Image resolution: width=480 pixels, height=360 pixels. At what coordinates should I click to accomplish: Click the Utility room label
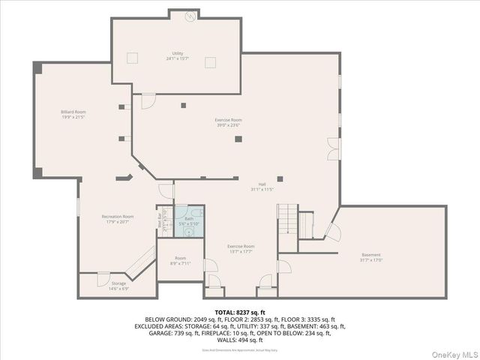[x=178, y=55]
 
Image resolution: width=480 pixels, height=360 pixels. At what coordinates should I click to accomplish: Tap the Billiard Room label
[x=73, y=115]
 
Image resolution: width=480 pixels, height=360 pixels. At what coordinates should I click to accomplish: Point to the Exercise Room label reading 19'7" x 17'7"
[x=241, y=249]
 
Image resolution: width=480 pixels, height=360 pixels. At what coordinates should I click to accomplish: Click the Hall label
[x=262, y=187]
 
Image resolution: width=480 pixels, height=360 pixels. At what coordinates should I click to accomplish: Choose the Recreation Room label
[x=118, y=219]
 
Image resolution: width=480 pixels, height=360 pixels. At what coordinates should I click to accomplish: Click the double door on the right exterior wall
[x=333, y=148]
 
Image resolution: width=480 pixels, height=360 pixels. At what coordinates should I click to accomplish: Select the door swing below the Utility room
[x=148, y=98]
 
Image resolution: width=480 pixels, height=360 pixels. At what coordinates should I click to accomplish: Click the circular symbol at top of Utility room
[x=190, y=16]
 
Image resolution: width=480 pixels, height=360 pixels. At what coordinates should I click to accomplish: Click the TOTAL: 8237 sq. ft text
[x=240, y=311]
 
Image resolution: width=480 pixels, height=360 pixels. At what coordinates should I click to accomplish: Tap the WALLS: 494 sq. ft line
[x=240, y=340]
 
